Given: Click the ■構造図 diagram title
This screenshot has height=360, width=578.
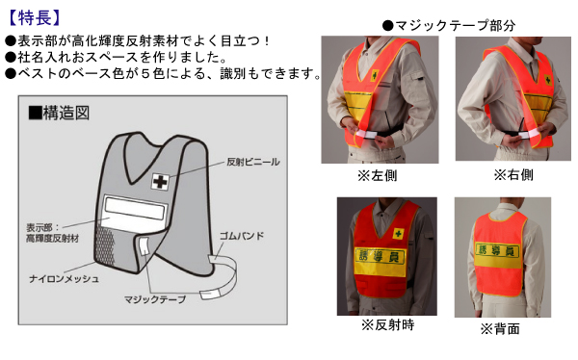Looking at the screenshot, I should point(59,113).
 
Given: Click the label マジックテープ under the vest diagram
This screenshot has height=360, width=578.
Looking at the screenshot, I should point(157,300).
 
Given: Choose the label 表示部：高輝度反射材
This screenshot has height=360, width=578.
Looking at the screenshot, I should point(49,232).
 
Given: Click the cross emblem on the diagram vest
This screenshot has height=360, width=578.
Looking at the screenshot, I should point(159,180).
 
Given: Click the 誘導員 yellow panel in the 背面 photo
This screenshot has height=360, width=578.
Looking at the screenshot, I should point(501,249).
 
